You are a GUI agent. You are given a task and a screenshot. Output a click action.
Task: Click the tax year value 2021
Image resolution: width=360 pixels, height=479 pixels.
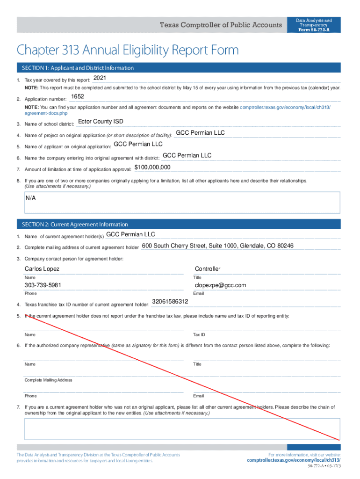click(101, 78)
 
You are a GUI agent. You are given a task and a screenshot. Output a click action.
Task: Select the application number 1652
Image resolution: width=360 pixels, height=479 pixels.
click(77, 97)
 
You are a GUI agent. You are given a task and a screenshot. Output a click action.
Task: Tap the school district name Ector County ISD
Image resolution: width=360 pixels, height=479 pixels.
click(101, 122)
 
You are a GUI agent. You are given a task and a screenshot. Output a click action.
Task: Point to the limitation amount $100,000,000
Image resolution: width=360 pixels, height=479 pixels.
click(152, 167)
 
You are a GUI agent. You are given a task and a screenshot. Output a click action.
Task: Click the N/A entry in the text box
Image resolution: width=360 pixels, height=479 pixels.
click(31, 198)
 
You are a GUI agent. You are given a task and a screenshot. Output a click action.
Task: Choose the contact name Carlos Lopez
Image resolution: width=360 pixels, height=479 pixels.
click(42, 269)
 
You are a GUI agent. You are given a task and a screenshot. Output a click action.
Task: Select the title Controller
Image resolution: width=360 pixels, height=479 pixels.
click(208, 269)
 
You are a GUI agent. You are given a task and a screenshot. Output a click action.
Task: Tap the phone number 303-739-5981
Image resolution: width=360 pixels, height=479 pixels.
click(43, 285)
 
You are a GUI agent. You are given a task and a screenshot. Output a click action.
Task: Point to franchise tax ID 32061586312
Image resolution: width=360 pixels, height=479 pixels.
click(170, 302)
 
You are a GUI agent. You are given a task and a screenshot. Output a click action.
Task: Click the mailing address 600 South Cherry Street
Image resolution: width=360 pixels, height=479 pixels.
click(217, 246)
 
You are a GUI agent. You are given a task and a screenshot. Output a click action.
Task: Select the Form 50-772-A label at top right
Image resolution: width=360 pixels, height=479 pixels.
click(314, 30)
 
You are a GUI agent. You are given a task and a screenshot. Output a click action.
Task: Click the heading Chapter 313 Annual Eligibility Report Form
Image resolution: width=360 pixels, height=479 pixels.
click(128, 50)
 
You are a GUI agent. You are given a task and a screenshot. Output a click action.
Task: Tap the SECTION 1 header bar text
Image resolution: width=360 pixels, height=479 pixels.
click(76, 68)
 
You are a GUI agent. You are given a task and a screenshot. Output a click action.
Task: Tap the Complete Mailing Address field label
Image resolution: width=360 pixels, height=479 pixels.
click(48, 380)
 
